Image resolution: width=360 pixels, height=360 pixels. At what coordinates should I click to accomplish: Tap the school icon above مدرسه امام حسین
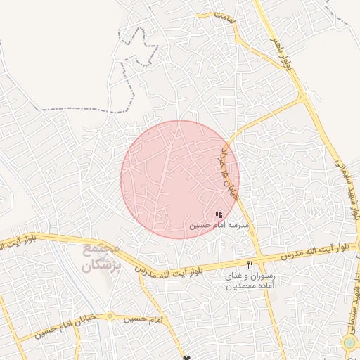click(x=219, y=214)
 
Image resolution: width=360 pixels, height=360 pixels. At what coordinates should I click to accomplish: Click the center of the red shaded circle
click(x=180, y=179)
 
